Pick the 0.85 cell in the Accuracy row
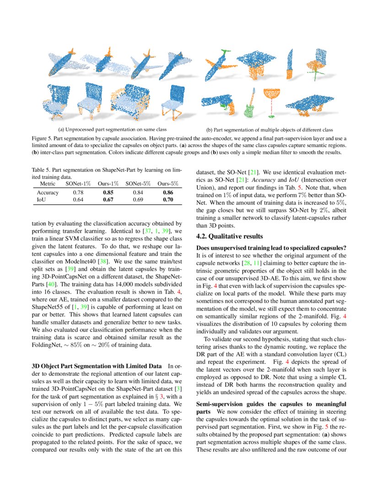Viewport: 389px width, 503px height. click(x=108, y=192)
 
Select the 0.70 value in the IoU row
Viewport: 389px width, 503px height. click(x=167, y=199)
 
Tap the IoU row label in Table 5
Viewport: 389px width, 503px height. click(x=41, y=199)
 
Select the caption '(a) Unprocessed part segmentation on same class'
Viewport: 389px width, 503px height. click(x=112, y=128)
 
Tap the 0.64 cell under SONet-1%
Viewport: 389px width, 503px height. click(x=78, y=199)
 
